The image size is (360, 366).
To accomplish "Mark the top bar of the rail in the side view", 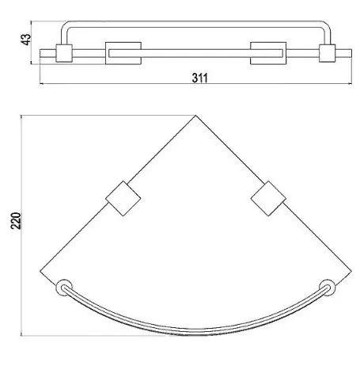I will (195, 27).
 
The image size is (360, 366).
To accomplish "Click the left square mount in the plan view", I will (123, 198).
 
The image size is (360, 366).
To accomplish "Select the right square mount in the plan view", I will (267, 198).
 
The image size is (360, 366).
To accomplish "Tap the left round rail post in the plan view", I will (63, 288).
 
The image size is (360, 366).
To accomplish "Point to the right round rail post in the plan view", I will (327, 288).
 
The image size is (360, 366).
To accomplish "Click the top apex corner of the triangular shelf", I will (195, 116).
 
